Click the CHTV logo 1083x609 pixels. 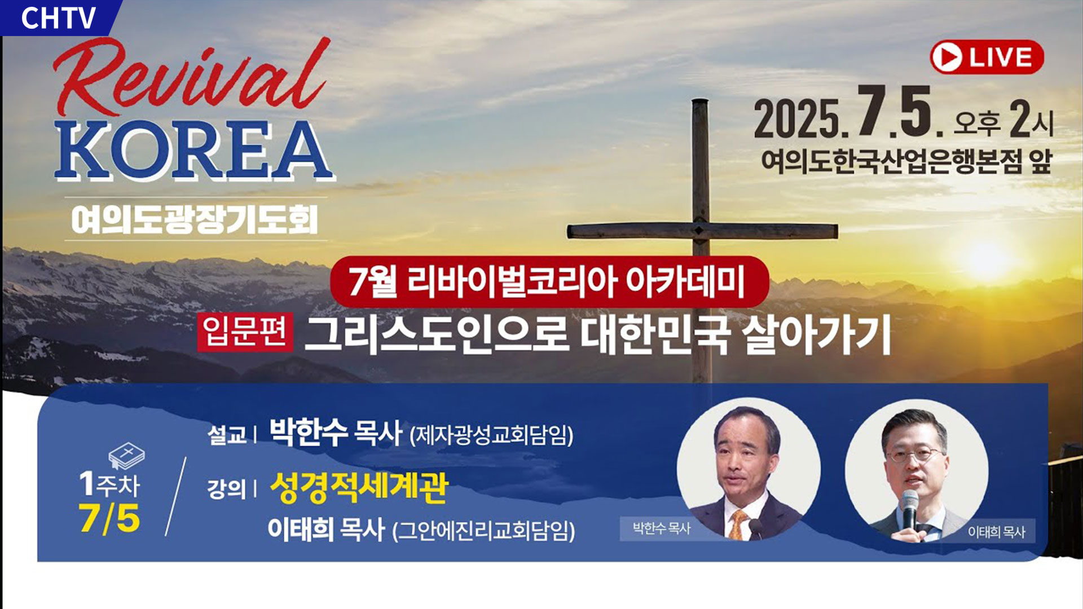58,17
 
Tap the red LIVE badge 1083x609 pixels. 987,57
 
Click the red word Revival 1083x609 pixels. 192,77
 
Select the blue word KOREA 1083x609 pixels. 195,151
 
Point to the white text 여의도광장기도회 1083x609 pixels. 195,219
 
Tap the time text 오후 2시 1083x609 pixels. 1003,121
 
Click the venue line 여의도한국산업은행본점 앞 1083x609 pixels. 906,161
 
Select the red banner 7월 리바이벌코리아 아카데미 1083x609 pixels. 549,281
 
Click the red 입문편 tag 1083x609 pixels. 245,332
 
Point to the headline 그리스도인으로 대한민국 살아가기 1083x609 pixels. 597,335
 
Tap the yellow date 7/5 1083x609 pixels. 109,518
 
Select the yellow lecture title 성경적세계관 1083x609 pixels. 359,487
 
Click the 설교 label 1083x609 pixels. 227,435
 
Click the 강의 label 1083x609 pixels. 227,489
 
